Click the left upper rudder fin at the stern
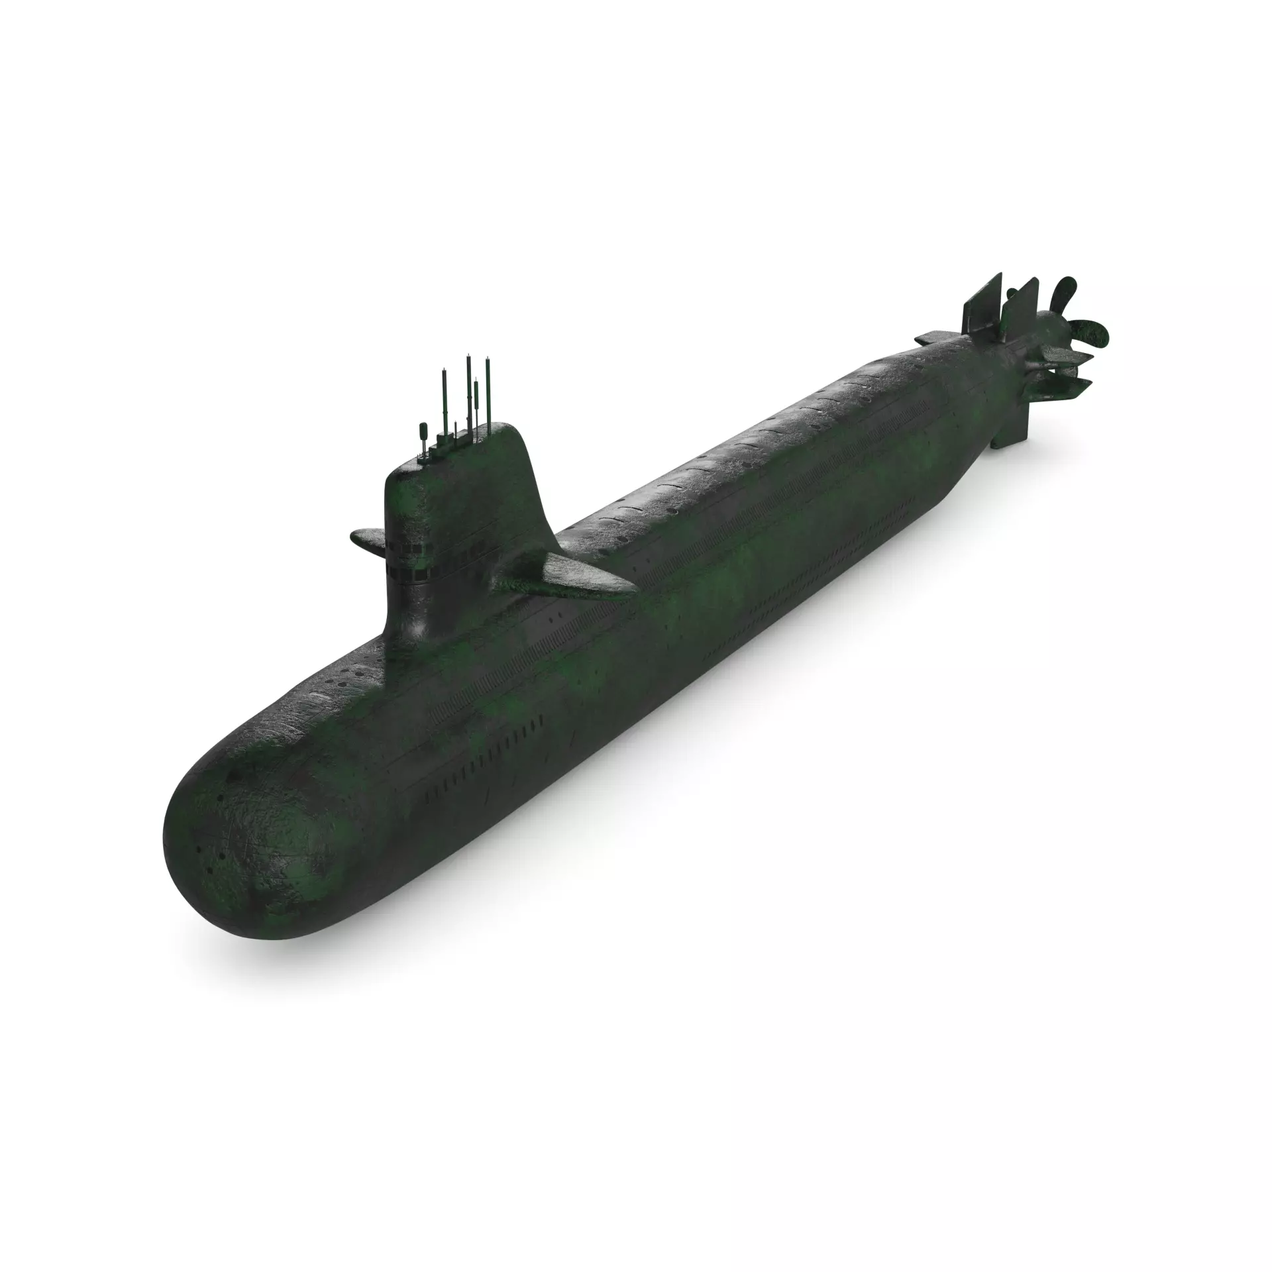[981, 305]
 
